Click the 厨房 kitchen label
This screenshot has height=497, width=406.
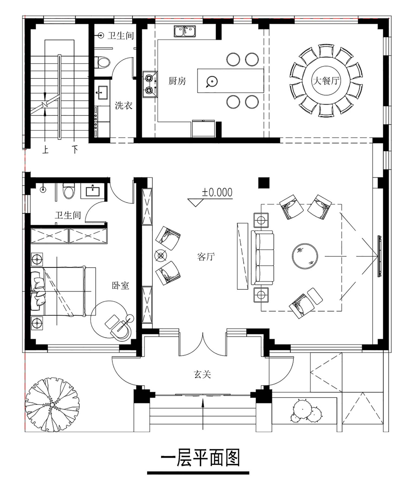click(177, 81)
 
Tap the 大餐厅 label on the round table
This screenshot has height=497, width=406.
click(326, 81)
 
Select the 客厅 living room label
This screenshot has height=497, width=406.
click(206, 256)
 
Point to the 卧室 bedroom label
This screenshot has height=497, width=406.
click(121, 285)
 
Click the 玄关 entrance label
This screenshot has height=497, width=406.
click(202, 374)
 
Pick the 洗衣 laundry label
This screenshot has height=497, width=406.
click(124, 105)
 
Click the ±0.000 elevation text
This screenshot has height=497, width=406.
click(217, 192)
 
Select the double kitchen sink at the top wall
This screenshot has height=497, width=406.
click(185, 31)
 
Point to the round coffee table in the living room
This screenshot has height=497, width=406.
click(305, 256)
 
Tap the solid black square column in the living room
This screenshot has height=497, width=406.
click(264, 183)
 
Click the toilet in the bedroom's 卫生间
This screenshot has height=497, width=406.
click(68, 191)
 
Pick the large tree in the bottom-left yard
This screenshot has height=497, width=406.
click(52, 404)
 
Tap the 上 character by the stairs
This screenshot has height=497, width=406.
click(45, 150)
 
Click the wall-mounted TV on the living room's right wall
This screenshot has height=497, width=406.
click(379, 256)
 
